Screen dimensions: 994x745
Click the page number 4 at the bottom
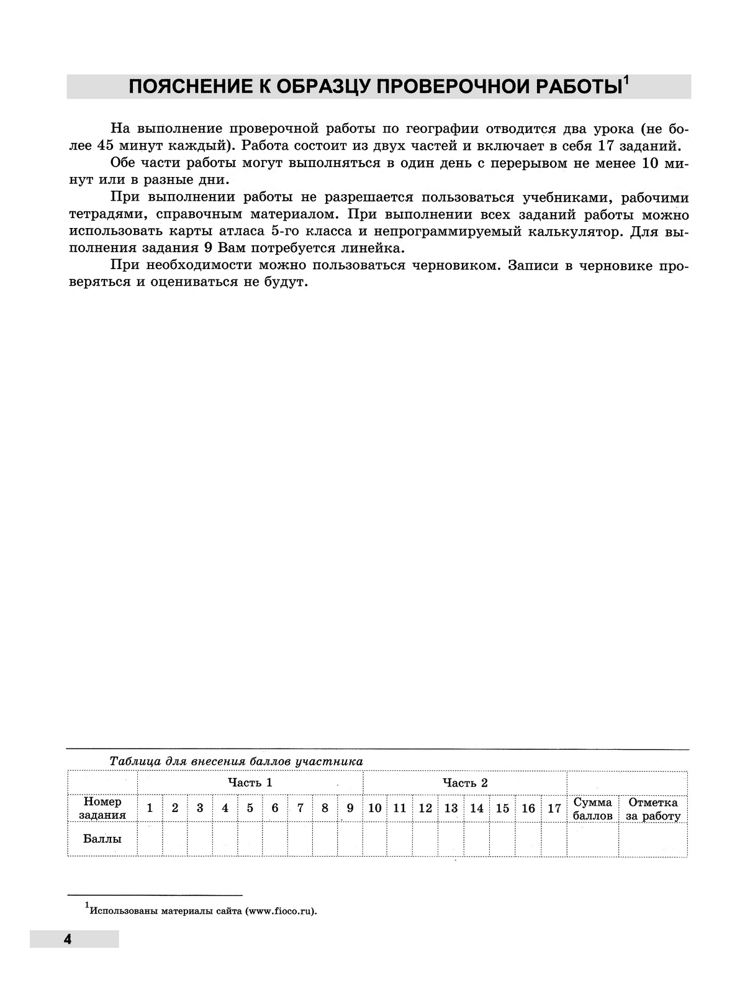point(67,939)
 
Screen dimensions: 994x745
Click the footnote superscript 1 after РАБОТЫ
point(626,80)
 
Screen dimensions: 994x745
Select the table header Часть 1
point(250,782)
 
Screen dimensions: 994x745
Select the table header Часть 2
point(464,782)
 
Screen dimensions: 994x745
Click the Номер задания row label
point(102,808)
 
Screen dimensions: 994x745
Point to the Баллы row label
point(102,839)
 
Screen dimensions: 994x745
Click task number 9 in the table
point(350,808)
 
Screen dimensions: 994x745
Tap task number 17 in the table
point(554,808)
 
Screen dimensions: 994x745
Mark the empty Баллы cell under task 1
point(150,839)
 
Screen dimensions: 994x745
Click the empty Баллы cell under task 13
point(451,839)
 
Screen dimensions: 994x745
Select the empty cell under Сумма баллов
point(592,839)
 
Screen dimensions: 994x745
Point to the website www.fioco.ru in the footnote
point(281,912)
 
